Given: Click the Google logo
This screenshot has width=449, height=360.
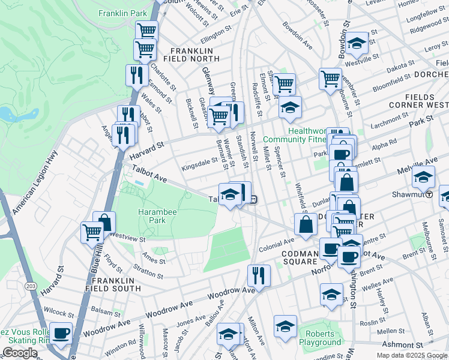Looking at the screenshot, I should coord(20,353).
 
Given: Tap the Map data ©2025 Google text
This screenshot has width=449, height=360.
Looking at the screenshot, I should coord(411,355).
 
